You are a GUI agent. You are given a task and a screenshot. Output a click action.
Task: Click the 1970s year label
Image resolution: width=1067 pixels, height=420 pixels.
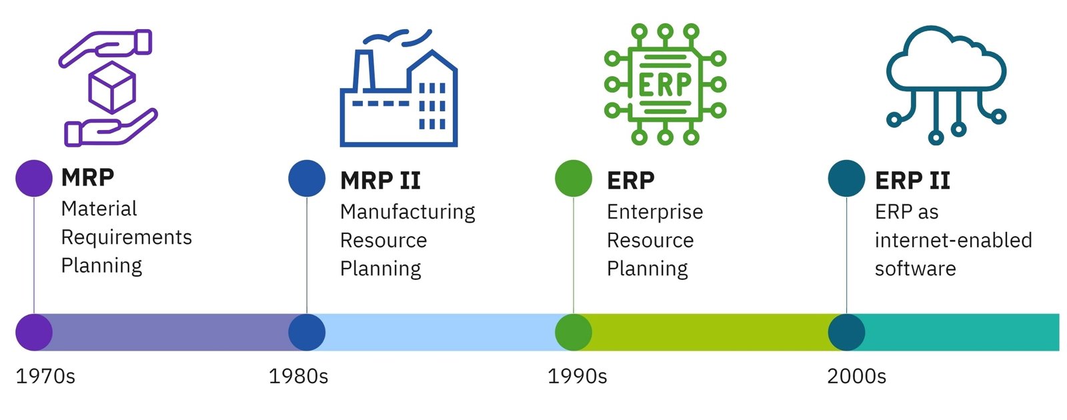(x=46, y=376)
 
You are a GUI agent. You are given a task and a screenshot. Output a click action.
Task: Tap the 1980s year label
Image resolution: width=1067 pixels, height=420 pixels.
(x=299, y=376)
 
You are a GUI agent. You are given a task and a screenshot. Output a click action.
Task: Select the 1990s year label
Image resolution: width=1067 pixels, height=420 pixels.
(x=578, y=376)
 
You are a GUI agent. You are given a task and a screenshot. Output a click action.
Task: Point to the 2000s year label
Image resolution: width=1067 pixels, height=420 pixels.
(x=856, y=376)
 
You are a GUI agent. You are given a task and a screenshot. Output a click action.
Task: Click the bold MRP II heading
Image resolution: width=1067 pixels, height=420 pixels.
(x=381, y=181)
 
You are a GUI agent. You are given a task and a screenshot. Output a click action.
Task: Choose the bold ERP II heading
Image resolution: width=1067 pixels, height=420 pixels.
(x=913, y=181)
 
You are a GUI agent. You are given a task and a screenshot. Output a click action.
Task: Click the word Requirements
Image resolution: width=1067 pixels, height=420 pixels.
(x=127, y=237)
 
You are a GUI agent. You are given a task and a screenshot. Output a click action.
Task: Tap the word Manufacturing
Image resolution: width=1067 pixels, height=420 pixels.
(x=407, y=213)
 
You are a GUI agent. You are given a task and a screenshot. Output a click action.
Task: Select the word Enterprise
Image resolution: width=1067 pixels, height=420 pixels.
(x=655, y=213)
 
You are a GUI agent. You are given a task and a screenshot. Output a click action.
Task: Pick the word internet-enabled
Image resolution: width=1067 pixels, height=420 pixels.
(x=954, y=240)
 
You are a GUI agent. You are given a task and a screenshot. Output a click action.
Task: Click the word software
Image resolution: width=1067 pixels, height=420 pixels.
(x=916, y=269)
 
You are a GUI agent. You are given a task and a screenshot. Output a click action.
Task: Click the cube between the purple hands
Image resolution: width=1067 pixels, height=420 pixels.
(x=112, y=87)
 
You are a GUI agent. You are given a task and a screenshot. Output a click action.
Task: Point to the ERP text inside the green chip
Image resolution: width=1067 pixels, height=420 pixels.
(x=664, y=84)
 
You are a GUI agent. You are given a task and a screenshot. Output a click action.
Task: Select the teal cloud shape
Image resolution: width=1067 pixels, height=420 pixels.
(x=946, y=58)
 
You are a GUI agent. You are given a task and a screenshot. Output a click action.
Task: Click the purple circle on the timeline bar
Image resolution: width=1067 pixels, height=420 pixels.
(x=34, y=333)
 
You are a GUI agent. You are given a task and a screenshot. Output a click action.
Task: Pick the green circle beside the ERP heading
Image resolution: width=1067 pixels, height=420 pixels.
(x=574, y=178)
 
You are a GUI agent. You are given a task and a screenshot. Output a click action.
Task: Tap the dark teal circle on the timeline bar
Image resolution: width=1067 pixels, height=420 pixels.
(x=846, y=333)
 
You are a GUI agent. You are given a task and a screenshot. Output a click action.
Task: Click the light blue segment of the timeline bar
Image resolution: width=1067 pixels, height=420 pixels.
(x=440, y=333)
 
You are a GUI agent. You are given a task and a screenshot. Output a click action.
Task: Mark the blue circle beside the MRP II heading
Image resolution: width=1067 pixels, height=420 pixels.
(x=307, y=178)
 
